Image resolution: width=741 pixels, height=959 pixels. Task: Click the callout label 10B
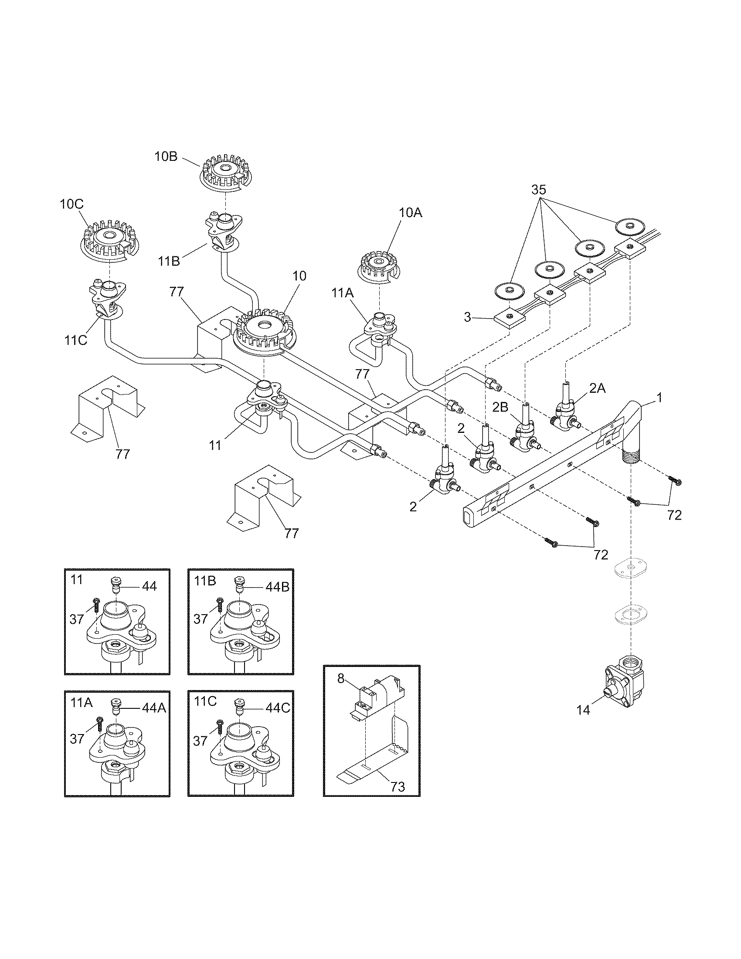pyautogui.click(x=166, y=157)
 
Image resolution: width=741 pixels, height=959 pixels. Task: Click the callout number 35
pyautogui.click(x=539, y=190)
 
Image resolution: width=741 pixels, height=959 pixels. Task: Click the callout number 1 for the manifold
pyautogui.click(x=659, y=398)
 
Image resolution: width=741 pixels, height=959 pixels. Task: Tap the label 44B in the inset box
pyautogui.click(x=276, y=587)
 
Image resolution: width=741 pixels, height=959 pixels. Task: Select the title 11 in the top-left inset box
pyautogui.click(x=76, y=580)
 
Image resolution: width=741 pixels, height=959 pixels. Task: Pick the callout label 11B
pyautogui.click(x=170, y=261)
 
